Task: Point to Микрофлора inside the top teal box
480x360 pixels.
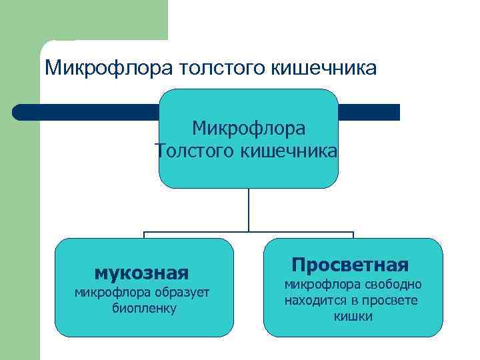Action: (249, 127)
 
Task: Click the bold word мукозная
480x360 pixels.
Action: (141, 273)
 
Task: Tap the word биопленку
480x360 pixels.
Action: (145, 308)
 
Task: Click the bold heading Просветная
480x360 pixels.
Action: (350, 265)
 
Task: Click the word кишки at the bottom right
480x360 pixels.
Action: (353, 316)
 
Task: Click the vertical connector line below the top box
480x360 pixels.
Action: (249, 210)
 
